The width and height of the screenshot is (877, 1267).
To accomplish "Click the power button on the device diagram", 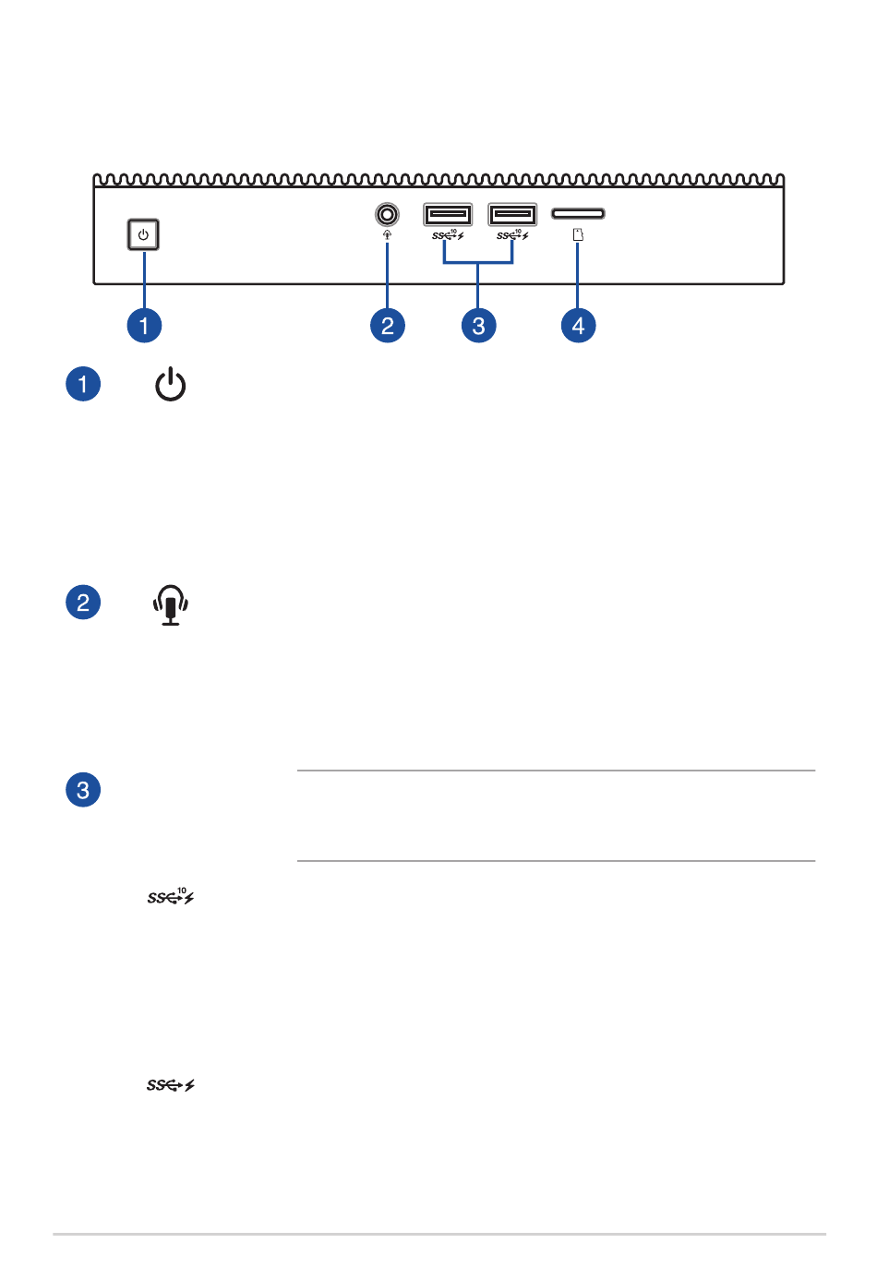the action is point(143,234).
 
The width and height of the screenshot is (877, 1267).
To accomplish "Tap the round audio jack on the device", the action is point(387,214).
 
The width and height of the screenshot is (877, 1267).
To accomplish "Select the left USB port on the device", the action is point(448,214).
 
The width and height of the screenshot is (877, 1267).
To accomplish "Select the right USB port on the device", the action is point(512,214).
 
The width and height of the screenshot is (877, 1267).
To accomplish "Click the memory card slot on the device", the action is point(578,213).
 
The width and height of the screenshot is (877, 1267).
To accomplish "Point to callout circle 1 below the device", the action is point(144,325).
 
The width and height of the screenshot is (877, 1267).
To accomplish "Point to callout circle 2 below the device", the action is point(388,325).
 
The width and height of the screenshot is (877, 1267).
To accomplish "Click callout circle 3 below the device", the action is point(479,325).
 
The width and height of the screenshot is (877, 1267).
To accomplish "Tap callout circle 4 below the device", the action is point(578,325).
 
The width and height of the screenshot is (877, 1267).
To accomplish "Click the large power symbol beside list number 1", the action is point(170,384).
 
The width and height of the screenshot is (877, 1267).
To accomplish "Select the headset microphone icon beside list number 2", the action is point(170,604).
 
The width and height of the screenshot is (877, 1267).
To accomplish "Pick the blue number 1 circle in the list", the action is point(83,384).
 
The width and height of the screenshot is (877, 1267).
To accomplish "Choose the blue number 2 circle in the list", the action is point(83,602).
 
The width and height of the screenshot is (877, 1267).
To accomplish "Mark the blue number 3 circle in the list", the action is point(83,790).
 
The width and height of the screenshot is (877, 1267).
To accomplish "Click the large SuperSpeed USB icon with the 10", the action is point(171,896).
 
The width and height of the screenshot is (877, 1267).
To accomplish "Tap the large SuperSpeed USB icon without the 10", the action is point(171,1085).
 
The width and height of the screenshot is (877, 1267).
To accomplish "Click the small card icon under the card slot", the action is point(578,234).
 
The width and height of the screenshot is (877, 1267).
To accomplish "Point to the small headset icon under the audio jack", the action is point(387,234).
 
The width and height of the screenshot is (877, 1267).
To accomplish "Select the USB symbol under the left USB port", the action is point(448,234).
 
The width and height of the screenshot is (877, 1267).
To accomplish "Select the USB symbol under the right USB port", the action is point(512,234).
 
